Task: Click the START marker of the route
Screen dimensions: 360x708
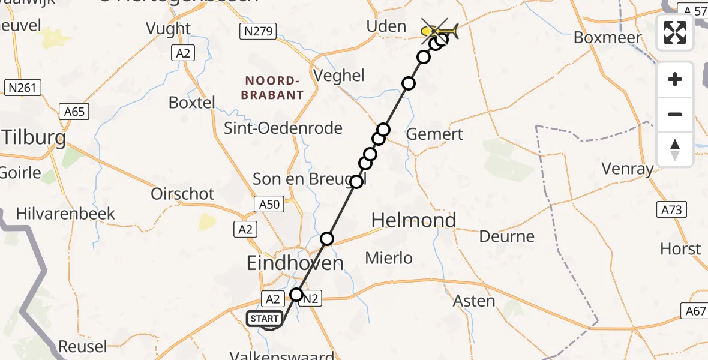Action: (264, 319)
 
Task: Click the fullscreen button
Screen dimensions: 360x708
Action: (675, 32)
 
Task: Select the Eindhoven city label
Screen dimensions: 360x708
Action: (296, 263)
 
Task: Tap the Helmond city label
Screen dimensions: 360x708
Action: (413, 220)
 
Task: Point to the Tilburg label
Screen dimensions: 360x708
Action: (33, 138)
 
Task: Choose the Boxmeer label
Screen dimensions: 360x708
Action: (608, 37)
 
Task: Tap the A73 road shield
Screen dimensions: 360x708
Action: (672, 209)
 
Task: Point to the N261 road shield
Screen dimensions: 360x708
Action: (23, 88)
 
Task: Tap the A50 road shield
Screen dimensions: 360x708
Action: (269, 205)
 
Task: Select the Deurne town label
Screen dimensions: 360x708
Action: (506, 236)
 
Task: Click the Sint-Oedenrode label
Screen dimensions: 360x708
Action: (283, 128)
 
